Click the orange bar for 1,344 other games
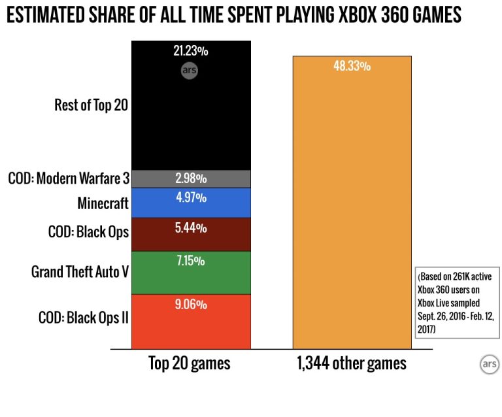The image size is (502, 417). coord(352,209)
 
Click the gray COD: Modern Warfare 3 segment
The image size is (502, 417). coord(192,178)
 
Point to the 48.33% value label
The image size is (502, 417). coord(352,66)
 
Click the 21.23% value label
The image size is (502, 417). coord(192,50)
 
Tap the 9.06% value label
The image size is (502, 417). coord(192,304)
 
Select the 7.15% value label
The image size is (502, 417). coord(192,261)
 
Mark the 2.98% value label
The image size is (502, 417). coord(192,178)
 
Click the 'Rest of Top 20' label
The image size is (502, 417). coord(91,105)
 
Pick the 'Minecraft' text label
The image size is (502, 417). coord(103,203)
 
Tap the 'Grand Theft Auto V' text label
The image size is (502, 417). coord(79,271)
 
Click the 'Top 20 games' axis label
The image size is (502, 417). coord(190,363)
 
